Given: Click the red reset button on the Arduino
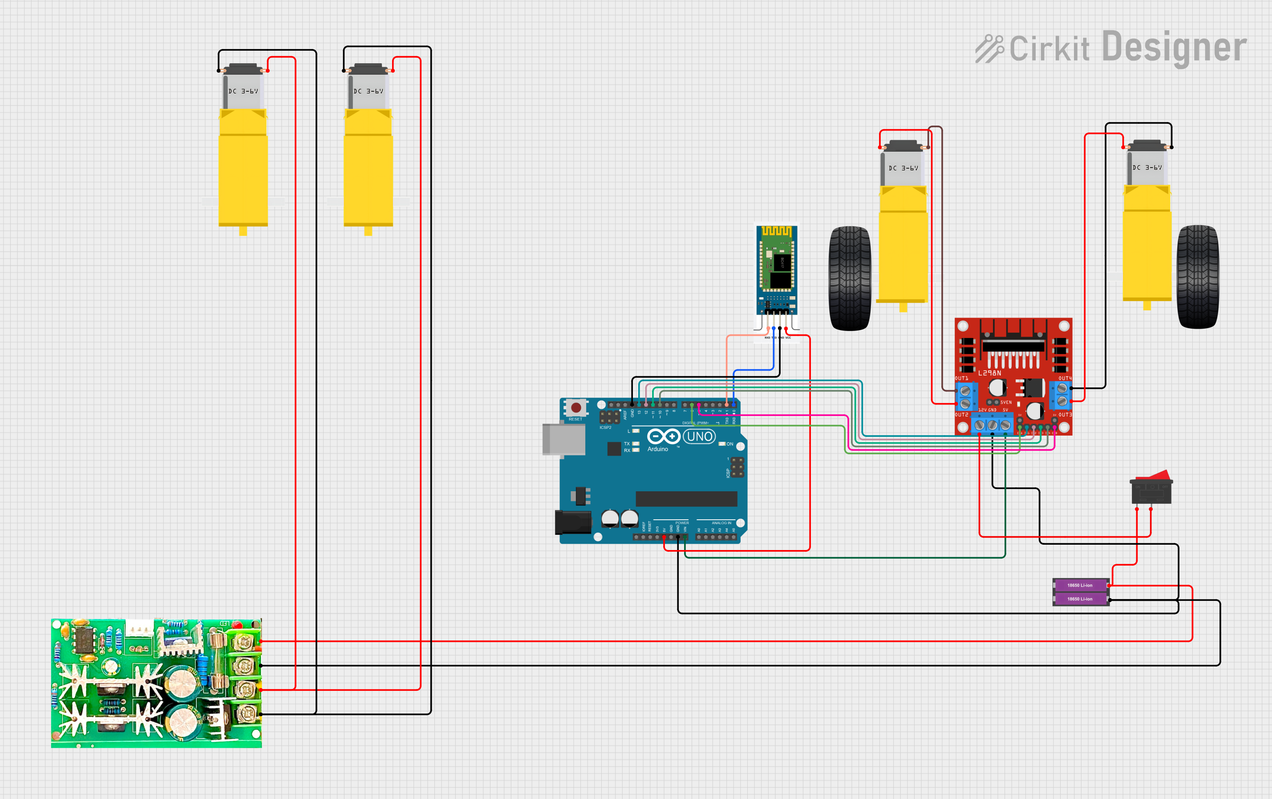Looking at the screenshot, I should [x=576, y=408].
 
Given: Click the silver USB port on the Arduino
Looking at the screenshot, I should [x=563, y=439].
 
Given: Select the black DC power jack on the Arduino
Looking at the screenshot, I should [x=572, y=522].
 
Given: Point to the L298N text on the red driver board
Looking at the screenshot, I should [x=989, y=373].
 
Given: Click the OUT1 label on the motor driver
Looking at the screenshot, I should [x=961, y=379].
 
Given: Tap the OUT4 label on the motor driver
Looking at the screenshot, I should [x=1065, y=379].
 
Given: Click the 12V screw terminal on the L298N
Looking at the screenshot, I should [x=980, y=425].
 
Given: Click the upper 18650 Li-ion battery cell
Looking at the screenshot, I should [x=1080, y=585].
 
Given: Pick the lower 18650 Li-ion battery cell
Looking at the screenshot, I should [x=1080, y=599].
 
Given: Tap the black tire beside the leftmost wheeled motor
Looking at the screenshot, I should [x=850, y=278].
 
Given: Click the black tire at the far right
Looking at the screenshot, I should [x=1198, y=277].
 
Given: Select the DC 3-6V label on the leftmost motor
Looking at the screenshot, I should [x=243, y=91].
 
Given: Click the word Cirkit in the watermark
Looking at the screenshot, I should [x=1049, y=49].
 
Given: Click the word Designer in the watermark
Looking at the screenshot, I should [x=1175, y=48].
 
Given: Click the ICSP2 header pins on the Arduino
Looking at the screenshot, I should [x=609, y=417].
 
